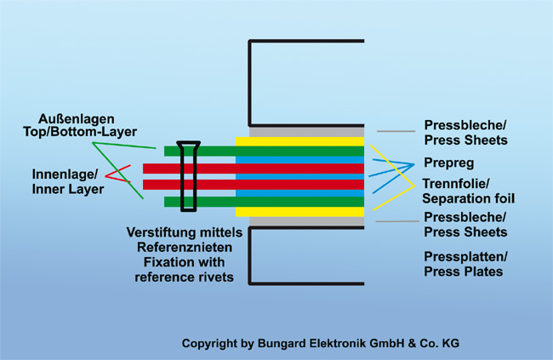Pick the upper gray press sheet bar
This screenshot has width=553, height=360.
coord(306,131)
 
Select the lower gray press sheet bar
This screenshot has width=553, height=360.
coord(306,221)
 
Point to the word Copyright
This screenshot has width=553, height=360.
coord(210,344)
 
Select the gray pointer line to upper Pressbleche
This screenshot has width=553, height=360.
coord(396,131)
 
